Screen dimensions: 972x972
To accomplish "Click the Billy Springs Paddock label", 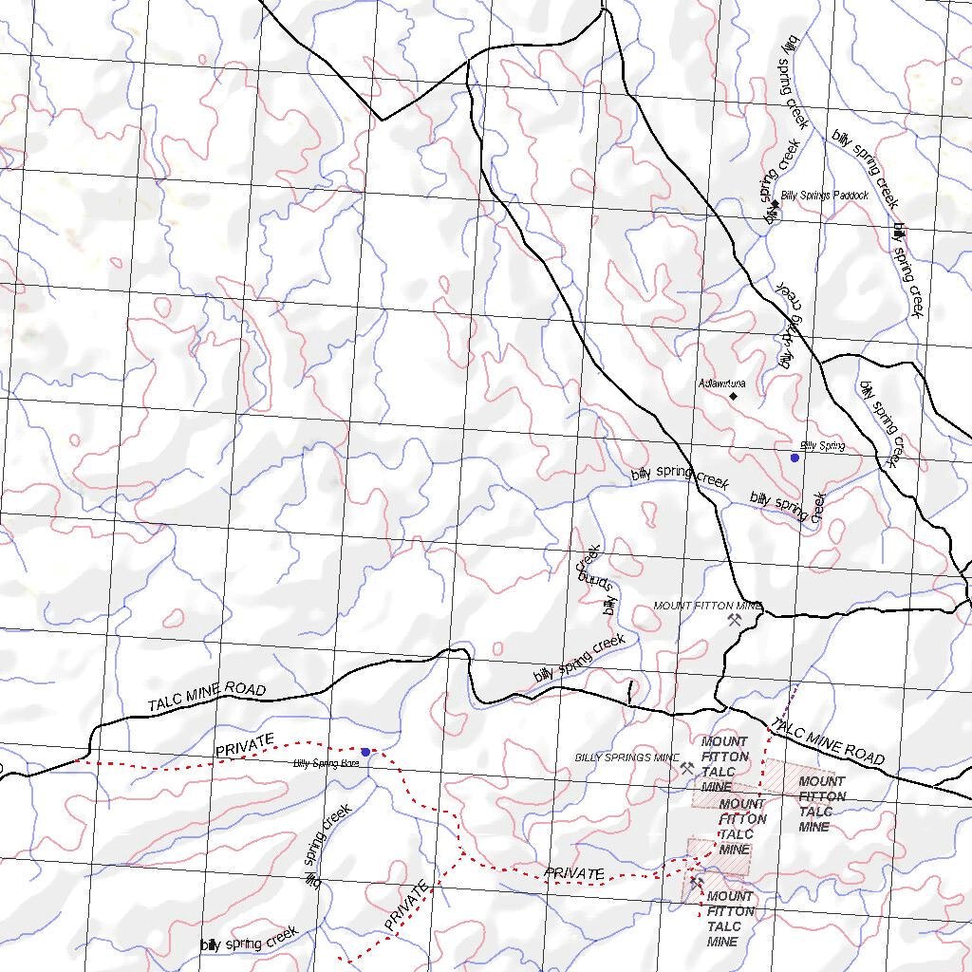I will pyautogui.click(x=824, y=196).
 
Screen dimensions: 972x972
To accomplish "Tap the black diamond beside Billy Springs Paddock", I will pyautogui.click(x=774, y=204).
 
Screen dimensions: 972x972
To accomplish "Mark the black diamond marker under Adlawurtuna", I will pyautogui.click(x=733, y=396).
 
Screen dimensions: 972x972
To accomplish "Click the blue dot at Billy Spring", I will pyautogui.click(x=794, y=458).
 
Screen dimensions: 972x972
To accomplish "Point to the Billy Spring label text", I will pyautogui.click(x=822, y=445).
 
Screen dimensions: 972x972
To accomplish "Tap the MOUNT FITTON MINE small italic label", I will pyautogui.click(x=708, y=606).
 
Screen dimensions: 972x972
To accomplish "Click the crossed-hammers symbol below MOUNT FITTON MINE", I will pyautogui.click(x=734, y=620).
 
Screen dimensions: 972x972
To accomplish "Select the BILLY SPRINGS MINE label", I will pyautogui.click(x=627, y=757).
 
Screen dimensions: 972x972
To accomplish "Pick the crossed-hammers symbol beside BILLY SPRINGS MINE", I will pyautogui.click(x=687, y=769).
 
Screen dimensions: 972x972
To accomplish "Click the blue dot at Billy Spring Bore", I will pyautogui.click(x=365, y=752).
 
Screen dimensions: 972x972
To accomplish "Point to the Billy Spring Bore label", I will pyautogui.click(x=326, y=762).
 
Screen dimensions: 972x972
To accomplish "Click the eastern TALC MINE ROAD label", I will pyautogui.click(x=828, y=741).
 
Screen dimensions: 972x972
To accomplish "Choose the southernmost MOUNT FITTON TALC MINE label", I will pyautogui.click(x=731, y=919).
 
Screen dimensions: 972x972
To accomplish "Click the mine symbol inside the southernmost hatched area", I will pyautogui.click(x=696, y=883).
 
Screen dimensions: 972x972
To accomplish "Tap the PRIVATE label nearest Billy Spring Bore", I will pyautogui.click(x=245, y=745).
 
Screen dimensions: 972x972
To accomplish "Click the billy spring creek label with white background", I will pyautogui.click(x=249, y=940).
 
